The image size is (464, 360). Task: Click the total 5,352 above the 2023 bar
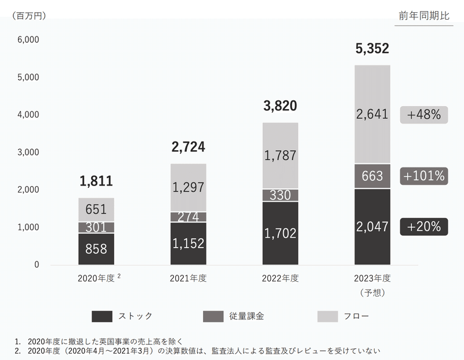coord(372,49)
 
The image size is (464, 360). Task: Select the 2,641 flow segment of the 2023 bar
coord(372,114)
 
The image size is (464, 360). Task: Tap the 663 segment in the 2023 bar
coord(372,176)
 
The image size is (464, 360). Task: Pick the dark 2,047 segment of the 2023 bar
coord(372,226)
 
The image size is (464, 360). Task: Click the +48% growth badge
coord(425,115)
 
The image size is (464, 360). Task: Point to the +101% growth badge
coord(425,176)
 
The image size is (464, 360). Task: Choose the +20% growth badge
coord(425,227)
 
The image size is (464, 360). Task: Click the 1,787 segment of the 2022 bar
coord(280,155)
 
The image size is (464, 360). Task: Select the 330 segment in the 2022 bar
coord(280,195)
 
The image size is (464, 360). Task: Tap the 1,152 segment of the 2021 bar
coord(188,243)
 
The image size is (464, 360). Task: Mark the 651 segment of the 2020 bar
coord(96,209)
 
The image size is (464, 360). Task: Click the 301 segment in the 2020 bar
coord(96,227)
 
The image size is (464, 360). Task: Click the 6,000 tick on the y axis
coord(28,40)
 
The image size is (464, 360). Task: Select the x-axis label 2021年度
coord(188,278)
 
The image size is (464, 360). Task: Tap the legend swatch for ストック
coord(102,317)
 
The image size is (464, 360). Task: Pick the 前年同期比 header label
coord(424,16)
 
